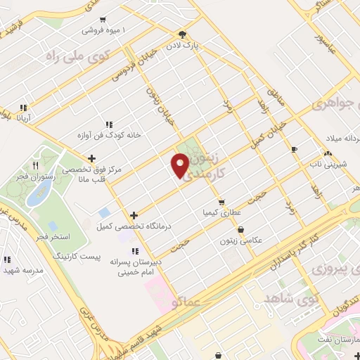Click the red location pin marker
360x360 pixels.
pos(181,165)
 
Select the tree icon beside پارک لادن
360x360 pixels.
pos(182,34)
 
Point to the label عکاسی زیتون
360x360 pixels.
pos(243,240)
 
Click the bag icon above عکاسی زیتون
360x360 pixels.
pos(242,229)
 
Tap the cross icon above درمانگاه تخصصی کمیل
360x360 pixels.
pos(133,214)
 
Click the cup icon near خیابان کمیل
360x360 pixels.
pos(294,148)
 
